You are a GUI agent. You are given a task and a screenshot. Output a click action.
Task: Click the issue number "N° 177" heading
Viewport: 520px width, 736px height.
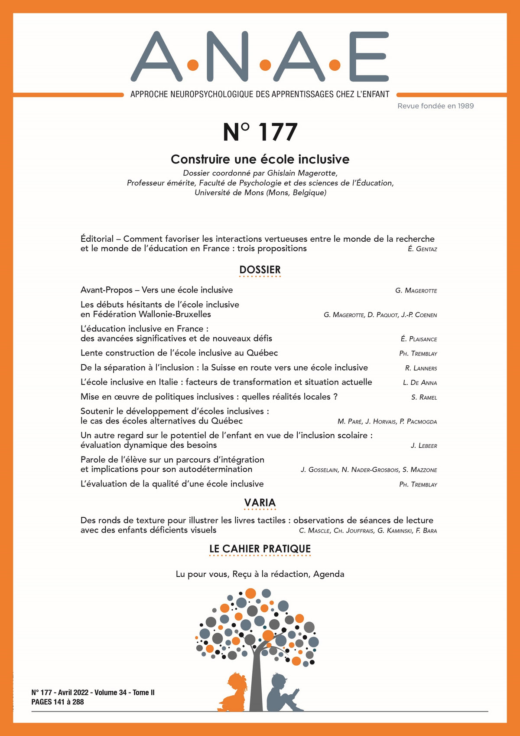click(x=260, y=132)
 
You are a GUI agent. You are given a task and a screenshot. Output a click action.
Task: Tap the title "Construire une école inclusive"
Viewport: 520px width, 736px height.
click(x=260, y=159)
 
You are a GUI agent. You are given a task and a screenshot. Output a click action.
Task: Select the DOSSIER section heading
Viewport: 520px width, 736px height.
click(x=260, y=270)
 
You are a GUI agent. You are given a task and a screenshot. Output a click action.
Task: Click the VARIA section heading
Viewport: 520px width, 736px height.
click(x=260, y=503)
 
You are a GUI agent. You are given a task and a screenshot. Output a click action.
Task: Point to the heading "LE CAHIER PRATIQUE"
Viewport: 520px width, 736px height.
click(x=260, y=549)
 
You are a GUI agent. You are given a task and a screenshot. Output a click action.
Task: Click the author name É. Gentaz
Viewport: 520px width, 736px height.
click(x=422, y=249)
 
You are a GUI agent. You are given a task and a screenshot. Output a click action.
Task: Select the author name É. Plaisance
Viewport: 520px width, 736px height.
click(x=419, y=339)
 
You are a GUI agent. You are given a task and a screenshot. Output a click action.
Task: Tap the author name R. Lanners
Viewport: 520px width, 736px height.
click(x=421, y=368)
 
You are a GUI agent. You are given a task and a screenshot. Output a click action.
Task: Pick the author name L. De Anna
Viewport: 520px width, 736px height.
click(x=420, y=383)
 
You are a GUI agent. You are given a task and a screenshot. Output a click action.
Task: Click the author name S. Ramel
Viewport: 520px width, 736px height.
click(x=424, y=397)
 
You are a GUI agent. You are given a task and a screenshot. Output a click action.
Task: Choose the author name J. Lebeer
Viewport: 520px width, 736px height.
click(x=424, y=446)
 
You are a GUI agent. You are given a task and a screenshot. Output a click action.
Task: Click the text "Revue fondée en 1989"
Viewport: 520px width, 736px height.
click(x=435, y=106)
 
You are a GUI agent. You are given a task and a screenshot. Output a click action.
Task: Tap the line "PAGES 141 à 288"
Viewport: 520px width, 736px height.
click(x=58, y=702)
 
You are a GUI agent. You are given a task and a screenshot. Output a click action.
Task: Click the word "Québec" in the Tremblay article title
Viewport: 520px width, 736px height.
click(x=262, y=353)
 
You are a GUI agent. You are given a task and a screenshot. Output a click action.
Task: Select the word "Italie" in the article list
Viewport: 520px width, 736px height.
click(x=165, y=382)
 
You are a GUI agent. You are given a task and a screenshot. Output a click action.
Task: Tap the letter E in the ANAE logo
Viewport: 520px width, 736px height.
click(x=368, y=56)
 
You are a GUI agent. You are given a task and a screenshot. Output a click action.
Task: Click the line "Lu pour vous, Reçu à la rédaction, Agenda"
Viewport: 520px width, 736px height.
click(x=260, y=574)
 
